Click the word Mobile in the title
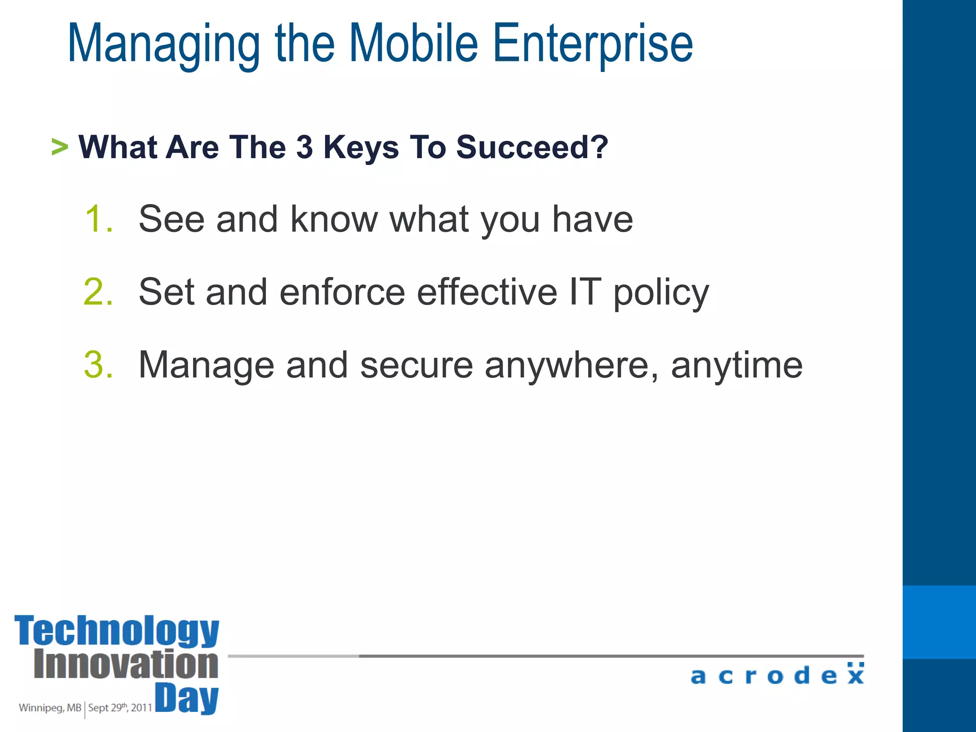(x=414, y=44)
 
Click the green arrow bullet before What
(x=60, y=147)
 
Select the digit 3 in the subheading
(x=305, y=147)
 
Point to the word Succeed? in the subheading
(x=532, y=147)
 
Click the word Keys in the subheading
(x=361, y=148)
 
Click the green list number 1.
(x=98, y=219)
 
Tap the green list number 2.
(x=98, y=292)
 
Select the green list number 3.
(x=98, y=365)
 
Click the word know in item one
(x=334, y=219)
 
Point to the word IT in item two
(x=585, y=292)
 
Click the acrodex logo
(x=777, y=675)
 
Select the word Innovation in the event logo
(x=126, y=664)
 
